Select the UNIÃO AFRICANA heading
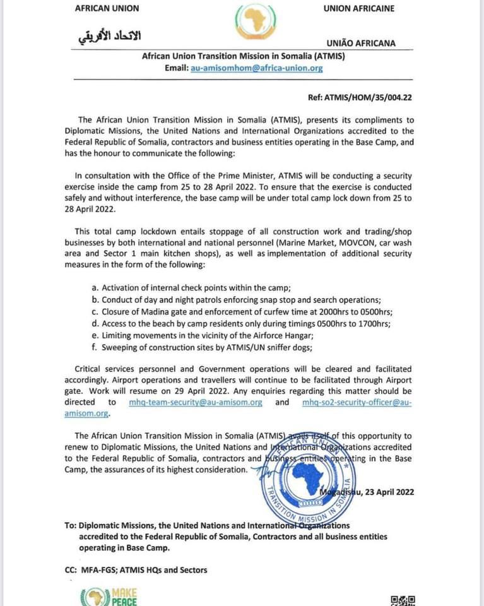(x=361, y=43)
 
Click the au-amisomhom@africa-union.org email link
(x=257, y=68)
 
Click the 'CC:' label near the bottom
(x=71, y=570)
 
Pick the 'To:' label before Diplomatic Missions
(x=71, y=525)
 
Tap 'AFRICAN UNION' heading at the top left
(x=107, y=8)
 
